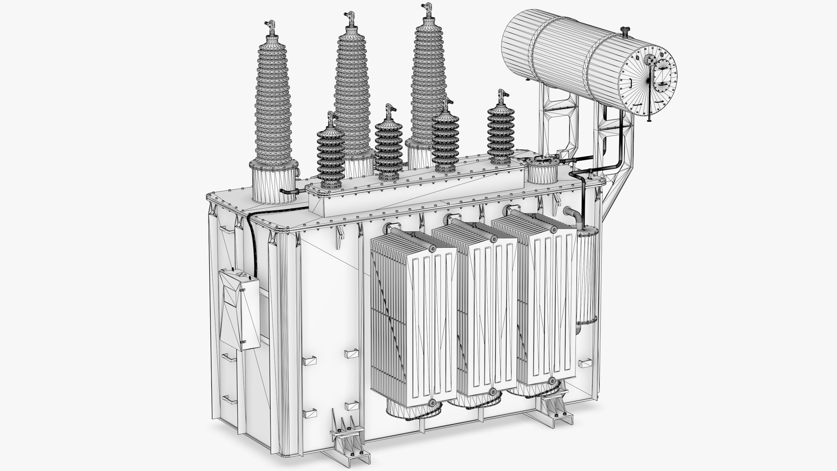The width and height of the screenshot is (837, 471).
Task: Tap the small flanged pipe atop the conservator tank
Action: tap(625, 31)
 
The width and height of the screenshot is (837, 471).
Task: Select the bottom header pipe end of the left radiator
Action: tap(432, 402)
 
